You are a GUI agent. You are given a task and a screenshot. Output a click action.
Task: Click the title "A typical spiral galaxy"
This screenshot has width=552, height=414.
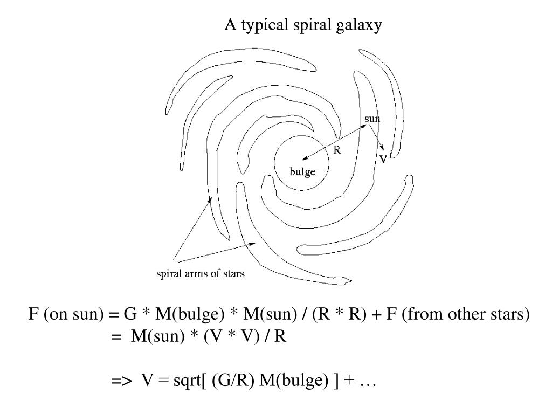click(303, 25)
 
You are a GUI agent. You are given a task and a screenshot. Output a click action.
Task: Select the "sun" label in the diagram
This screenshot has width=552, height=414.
click(372, 118)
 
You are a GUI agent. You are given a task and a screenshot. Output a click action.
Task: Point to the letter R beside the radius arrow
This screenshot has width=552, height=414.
click(337, 151)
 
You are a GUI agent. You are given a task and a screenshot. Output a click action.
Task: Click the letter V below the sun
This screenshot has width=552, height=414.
click(383, 160)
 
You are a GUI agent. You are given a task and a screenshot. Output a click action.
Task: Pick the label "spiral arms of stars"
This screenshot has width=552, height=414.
click(201, 274)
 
